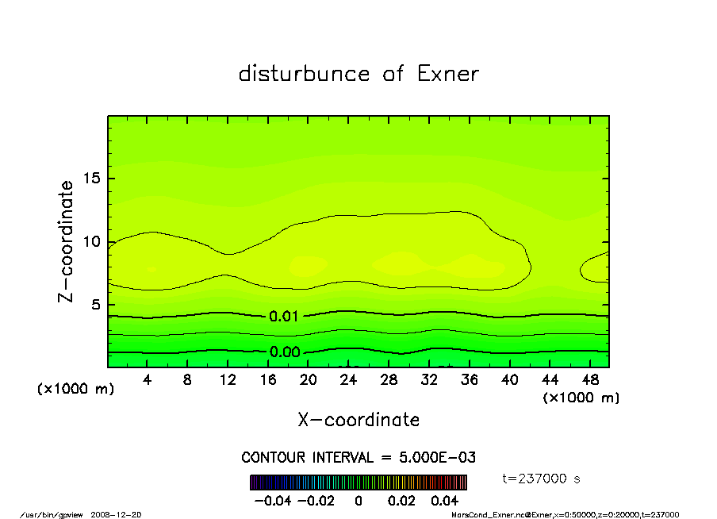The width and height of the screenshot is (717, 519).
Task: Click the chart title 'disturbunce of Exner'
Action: point(358,74)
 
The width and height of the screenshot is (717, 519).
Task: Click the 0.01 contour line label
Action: point(284,316)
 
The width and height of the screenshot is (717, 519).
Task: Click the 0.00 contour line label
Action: point(284,352)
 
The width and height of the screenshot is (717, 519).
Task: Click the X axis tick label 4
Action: point(148,379)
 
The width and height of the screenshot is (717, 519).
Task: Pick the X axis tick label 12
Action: point(228,379)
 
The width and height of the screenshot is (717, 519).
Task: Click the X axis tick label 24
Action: point(348,379)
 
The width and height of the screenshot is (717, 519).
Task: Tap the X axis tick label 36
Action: point(469,379)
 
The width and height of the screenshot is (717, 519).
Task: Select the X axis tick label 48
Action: point(589,379)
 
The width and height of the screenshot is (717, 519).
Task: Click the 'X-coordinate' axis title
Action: point(358,419)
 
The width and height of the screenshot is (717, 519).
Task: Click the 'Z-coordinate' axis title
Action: point(67,241)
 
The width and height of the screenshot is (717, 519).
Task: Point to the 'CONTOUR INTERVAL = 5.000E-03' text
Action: point(358,458)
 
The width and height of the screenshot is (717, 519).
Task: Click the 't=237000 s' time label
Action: point(543,479)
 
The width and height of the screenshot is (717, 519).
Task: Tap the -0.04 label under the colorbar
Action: point(271,501)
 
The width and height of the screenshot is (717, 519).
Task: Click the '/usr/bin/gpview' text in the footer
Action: point(52,514)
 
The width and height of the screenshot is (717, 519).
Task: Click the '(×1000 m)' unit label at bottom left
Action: point(76,390)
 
